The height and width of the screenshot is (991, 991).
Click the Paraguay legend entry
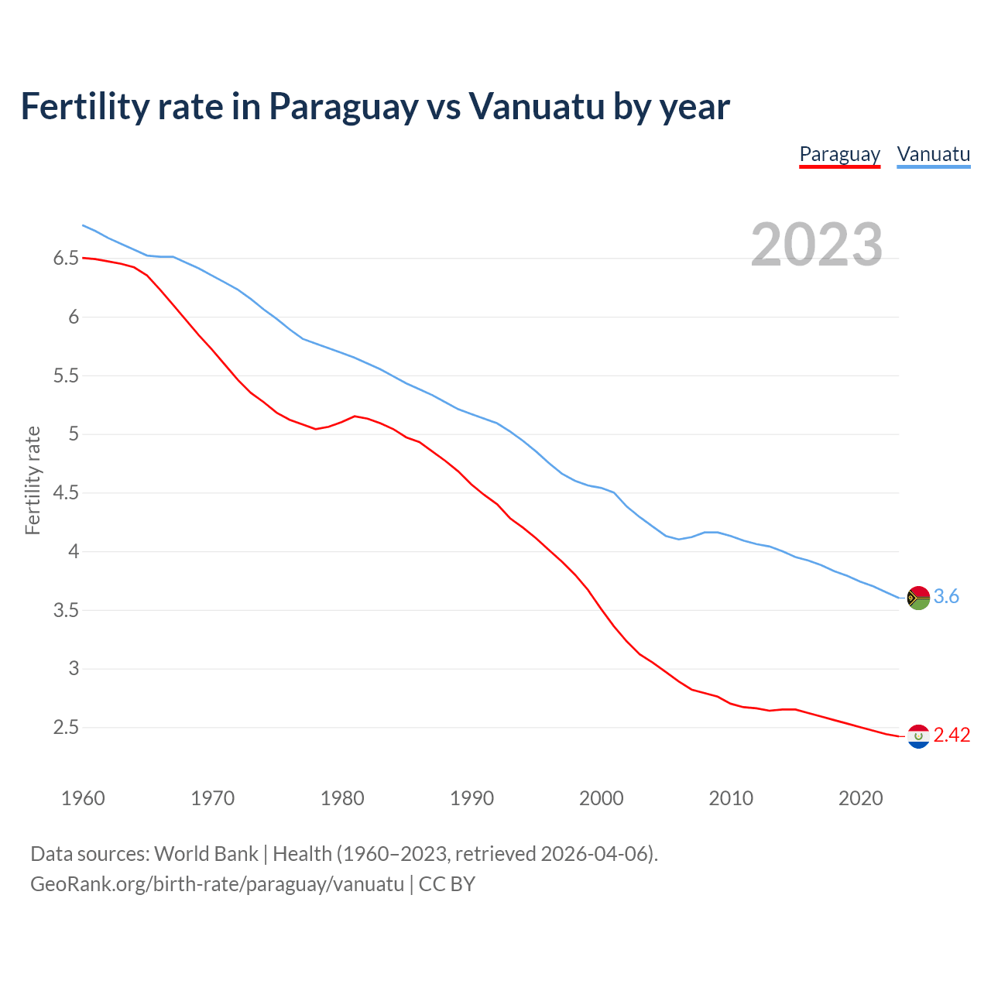pos(839,155)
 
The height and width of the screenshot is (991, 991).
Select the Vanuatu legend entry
pos(933,155)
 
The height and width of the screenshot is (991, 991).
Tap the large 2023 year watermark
pos(817,245)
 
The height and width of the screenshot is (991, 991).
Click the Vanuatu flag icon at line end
pos(918,598)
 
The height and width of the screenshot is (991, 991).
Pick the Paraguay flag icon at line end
pos(918,736)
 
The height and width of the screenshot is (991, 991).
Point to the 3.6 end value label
pos(946,597)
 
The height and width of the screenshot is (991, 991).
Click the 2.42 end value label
pos(952,736)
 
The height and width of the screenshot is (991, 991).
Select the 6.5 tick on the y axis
pos(66,259)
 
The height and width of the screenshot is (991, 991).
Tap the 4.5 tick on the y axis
pos(66,493)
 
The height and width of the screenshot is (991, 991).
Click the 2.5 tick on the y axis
pos(66,728)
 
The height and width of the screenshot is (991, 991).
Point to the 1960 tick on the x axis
pos(83,799)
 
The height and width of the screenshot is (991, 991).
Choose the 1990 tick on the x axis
pos(471,799)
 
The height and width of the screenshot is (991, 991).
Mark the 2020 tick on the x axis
pos(860,799)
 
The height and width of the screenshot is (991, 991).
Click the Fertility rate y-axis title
pos(33,480)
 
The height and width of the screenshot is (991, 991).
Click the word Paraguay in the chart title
pos(343,107)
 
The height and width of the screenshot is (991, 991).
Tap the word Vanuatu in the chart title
pos(536,107)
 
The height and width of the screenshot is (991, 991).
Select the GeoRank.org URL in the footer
pos(217,884)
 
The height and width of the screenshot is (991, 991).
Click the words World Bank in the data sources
pos(206,854)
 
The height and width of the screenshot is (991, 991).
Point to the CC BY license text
pos(447,884)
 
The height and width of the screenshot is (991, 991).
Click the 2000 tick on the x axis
pos(601,799)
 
